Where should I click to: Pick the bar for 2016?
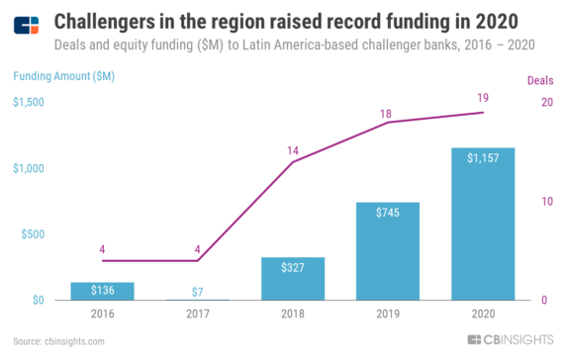point(102,291)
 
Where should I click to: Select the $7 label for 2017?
point(198,289)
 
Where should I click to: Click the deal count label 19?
point(483,99)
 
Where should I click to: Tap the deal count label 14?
point(293,149)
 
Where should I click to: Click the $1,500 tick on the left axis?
point(29,103)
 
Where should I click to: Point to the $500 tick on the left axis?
point(33,234)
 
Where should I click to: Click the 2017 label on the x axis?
point(198,315)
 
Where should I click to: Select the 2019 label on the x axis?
point(387,315)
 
